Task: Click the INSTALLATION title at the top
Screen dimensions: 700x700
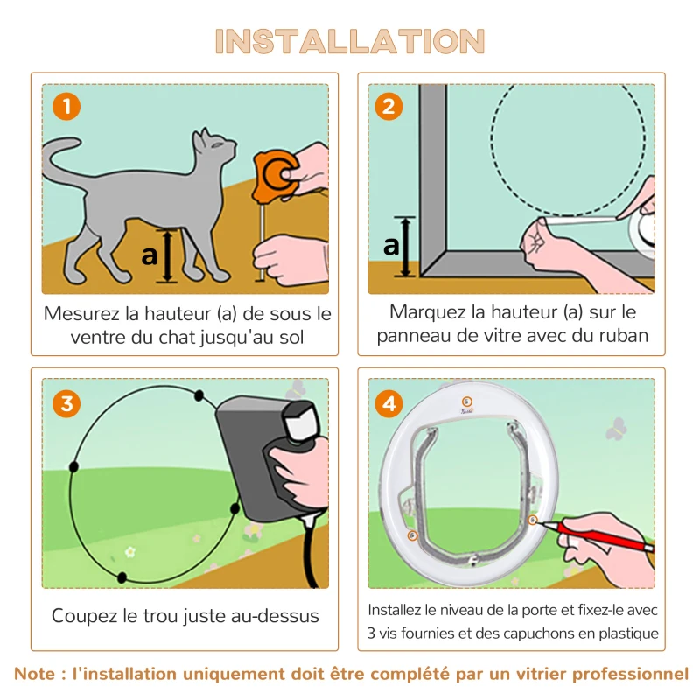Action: [350, 41]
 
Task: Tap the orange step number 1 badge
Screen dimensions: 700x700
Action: [66, 107]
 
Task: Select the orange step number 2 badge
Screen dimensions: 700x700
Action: [388, 107]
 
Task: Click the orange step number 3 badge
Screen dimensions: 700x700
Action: [66, 403]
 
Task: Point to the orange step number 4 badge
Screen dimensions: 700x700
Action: [388, 403]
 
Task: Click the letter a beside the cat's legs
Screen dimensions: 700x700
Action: [149, 255]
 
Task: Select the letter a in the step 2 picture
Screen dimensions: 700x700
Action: [390, 246]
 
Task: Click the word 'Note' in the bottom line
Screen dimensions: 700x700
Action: [37, 674]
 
